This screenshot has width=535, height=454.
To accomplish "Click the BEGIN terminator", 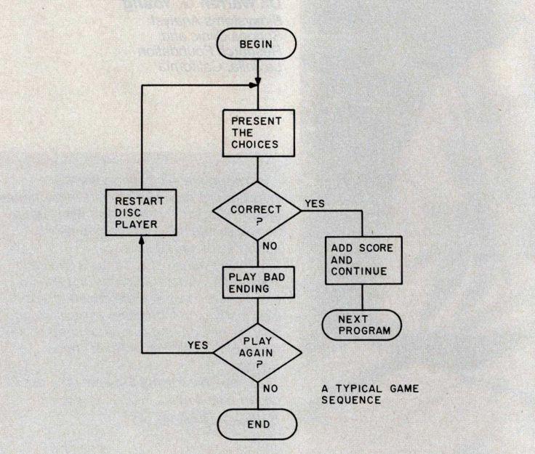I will [x=259, y=44].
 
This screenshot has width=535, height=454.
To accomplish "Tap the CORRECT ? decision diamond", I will [x=257, y=208].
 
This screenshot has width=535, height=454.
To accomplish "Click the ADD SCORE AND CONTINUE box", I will [x=361, y=260].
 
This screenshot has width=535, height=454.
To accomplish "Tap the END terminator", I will [x=257, y=423].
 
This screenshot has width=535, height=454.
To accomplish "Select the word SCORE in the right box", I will [x=376, y=248].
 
